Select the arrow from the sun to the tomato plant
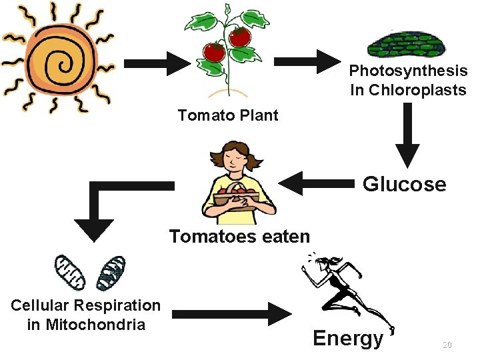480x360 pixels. (157, 64)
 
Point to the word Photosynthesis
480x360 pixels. (408, 71)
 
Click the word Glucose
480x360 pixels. (404, 184)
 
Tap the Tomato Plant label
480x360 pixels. (228, 115)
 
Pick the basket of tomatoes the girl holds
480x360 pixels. (237, 198)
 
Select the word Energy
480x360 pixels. (348, 338)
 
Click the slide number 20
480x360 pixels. (447, 345)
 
